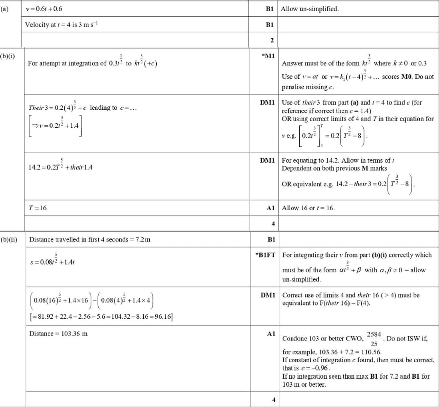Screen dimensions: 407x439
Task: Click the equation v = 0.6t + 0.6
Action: pyautogui.click(x=44, y=9)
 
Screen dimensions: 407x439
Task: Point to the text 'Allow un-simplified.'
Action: pyautogui.click(x=310, y=9)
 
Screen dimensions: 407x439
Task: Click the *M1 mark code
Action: pyautogui.click(x=268, y=55)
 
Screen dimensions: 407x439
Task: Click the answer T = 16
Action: pyautogui.click(x=38, y=208)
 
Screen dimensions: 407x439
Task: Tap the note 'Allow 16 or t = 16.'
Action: pyautogui.click(x=308, y=208)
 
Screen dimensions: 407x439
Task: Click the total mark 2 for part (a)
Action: pyautogui.click(x=272, y=40)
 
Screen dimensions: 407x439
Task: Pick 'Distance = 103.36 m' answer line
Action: pyautogui.click(x=58, y=334)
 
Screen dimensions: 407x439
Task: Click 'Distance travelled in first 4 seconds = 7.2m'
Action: pyautogui.click(x=90, y=239)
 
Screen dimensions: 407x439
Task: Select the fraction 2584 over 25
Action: pyautogui.click(x=374, y=339)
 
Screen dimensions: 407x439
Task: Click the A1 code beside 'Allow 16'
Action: pyautogui.click(x=271, y=208)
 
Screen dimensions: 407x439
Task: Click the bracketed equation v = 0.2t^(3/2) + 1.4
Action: pyautogui.click(x=56, y=125)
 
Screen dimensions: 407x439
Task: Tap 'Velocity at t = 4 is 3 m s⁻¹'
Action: pyautogui.click(x=61, y=25)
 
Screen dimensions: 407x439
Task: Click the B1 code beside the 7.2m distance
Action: pyautogui.click(x=271, y=239)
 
